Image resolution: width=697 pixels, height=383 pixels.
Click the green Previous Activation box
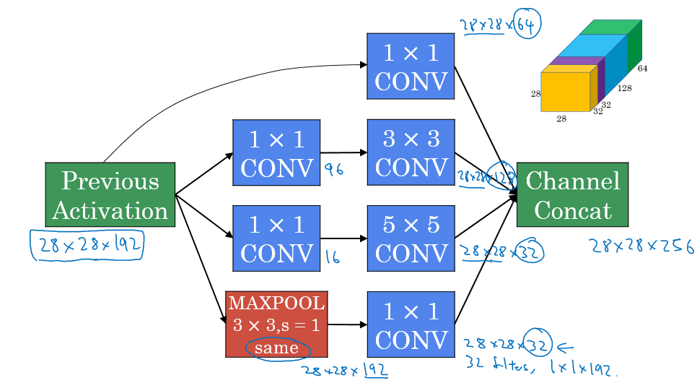[x=110, y=195]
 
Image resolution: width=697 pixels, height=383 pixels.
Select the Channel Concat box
[x=572, y=195]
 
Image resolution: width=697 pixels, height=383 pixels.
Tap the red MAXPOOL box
[x=276, y=324]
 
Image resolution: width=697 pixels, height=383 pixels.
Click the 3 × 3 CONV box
[x=411, y=152]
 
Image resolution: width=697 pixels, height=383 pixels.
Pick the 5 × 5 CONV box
[x=411, y=238]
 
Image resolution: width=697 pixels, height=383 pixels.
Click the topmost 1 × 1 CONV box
[x=411, y=66]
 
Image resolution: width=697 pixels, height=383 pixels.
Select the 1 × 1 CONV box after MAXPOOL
[x=411, y=325]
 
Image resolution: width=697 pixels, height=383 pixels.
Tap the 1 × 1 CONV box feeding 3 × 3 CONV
[x=276, y=152]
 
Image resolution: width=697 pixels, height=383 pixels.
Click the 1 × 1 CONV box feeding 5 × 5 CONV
[x=276, y=238]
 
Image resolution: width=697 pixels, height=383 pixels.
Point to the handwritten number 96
[x=333, y=171]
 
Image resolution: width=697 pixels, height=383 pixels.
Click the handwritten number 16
[x=333, y=257]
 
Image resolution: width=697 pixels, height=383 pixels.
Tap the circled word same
[x=276, y=349]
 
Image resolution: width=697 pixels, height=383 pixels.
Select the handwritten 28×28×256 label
[x=641, y=248]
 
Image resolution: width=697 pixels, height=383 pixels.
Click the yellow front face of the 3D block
[x=565, y=92]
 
